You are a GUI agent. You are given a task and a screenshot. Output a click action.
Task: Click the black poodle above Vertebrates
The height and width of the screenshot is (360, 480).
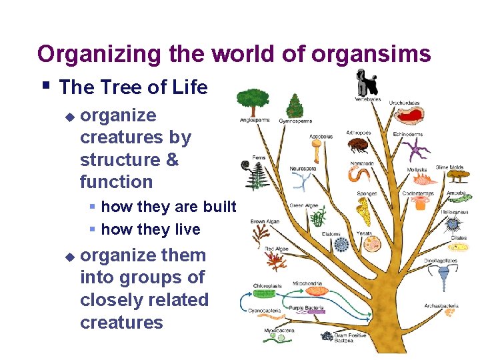coord(366,84)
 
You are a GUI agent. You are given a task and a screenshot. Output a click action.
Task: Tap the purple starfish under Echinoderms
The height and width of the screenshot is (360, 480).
coord(417,151)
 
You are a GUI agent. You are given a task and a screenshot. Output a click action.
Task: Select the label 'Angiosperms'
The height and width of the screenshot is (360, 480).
coord(254,121)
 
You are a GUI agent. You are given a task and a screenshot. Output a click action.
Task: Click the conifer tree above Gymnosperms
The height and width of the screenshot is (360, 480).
coord(295,105)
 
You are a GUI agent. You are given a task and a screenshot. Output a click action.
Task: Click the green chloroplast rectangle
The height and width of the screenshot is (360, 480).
coord(265,293)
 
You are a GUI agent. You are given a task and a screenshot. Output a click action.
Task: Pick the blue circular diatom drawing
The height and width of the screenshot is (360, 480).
coord(342,245)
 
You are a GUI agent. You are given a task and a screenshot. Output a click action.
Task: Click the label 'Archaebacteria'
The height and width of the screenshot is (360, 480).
coord(441,306)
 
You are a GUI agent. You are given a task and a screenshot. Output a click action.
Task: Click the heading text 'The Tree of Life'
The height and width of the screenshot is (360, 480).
coord(133,87)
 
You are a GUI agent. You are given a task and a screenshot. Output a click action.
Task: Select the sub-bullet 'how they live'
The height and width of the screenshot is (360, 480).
coord(150,229)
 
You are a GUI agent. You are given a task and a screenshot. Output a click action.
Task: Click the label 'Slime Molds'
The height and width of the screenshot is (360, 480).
coord(450,167)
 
